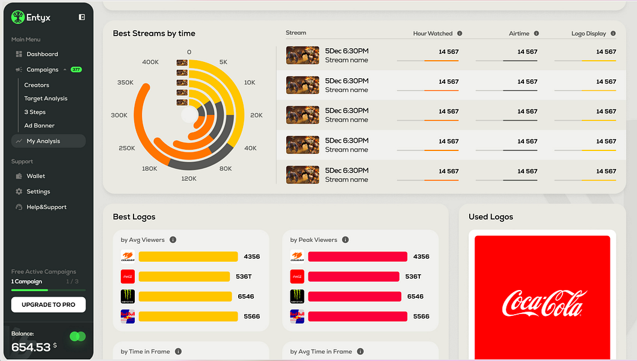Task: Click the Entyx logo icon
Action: point(17,17)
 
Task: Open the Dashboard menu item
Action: point(42,54)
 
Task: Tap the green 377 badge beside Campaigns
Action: point(76,70)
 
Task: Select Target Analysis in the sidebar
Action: point(46,99)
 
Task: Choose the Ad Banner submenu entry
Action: point(39,126)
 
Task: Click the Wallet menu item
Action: point(35,176)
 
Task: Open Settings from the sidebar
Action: point(38,192)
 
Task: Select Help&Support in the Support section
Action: point(46,207)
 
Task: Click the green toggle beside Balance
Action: point(78,336)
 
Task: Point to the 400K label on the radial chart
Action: point(150,62)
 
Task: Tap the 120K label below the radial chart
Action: point(189,179)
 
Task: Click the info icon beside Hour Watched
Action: point(460,34)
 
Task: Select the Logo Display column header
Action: point(588,34)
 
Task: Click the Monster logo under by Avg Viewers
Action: point(128,297)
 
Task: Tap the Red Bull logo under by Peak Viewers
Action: point(297,316)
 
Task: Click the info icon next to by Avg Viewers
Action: point(173,240)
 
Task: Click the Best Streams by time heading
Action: point(154,34)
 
